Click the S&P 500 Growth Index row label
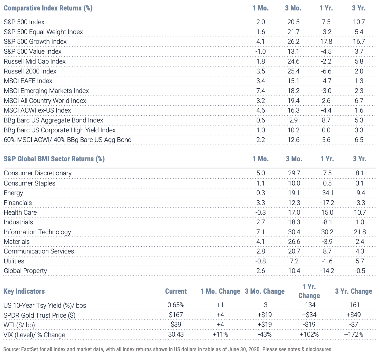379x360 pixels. click(x=35, y=42)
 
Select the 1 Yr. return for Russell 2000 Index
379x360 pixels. click(x=326, y=71)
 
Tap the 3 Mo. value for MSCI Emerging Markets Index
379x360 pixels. click(x=293, y=91)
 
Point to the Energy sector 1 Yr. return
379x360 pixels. click(x=327, y=193)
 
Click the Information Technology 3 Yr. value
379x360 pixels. click(x=360, y=232)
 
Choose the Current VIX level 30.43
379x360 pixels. click(x=176, y=334)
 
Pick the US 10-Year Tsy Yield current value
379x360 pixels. click(x=176, y=305)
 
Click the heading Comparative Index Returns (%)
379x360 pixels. click(x=48, y=8)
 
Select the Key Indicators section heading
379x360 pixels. click(x=24, y=291)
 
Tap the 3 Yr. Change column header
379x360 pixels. click(x=353, y=291)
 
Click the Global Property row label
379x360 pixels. click(x=25, y=271)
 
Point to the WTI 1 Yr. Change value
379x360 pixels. click(x=309, y=324)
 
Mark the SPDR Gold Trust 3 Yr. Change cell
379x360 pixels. click(x=353, y=315)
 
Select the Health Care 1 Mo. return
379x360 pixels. click(x=260, y=212)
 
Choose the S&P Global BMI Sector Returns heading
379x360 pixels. click(x=54, y=159)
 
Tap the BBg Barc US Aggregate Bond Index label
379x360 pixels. click(x=53, y=120)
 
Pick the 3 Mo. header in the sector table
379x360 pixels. click(x=294, y=159)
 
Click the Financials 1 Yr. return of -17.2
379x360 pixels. click(x=327, y=203)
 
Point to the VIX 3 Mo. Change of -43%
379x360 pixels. click(x=265, y=334)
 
